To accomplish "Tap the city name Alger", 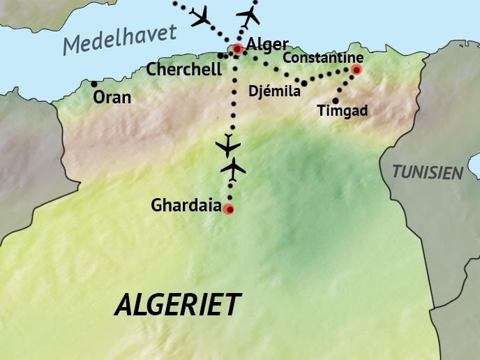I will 267,45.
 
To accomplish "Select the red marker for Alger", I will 238,49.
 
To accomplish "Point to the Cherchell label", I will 184,69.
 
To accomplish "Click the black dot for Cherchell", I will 220,55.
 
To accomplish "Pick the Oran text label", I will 112,97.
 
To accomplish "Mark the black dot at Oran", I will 94,84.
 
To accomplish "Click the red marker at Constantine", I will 357,70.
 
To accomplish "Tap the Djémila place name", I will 274,91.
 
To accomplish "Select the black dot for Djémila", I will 304,83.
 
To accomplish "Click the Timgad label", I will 342,110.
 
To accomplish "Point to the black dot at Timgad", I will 336,100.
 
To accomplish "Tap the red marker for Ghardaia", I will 228,209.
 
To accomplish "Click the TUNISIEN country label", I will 428,172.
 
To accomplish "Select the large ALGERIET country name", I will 178,305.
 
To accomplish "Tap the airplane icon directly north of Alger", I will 248,15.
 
